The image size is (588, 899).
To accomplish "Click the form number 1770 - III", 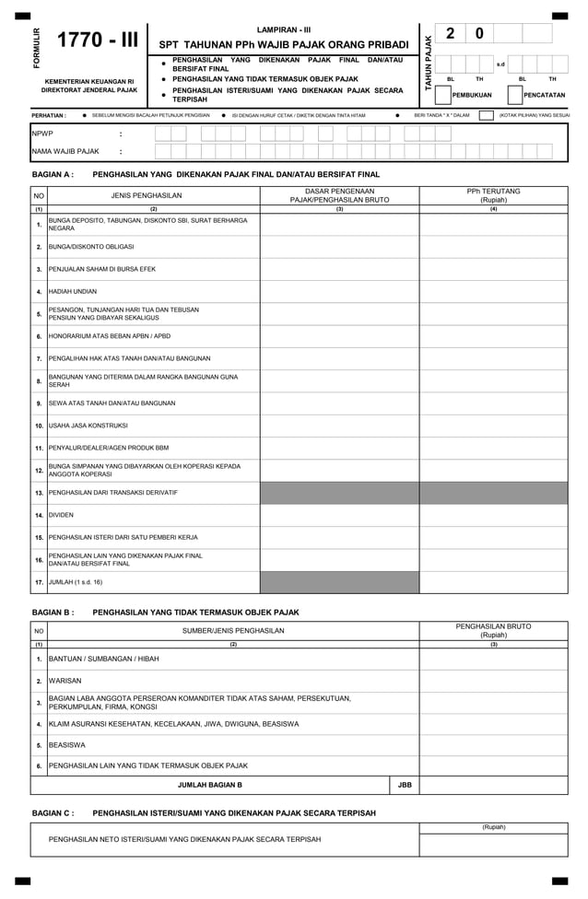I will click(x=97, y=41).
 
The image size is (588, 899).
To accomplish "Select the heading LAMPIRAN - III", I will click(x=284, y=29).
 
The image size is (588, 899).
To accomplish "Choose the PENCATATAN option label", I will click(x=544, y=95).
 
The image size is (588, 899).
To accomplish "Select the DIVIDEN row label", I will click(x=61, y=515).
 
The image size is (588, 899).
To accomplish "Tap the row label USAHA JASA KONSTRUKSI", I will click(x=88, y=426).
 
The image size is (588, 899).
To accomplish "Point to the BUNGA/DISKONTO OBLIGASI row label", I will click(x=91, y=247).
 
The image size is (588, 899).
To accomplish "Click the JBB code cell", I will click(x=404, y=786).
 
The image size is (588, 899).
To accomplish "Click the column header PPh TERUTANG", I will click(x=493, y=192).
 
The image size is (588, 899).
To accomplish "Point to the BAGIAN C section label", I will click(x=53, y=813).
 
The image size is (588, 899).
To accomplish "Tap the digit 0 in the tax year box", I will click(x=478, y=34).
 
